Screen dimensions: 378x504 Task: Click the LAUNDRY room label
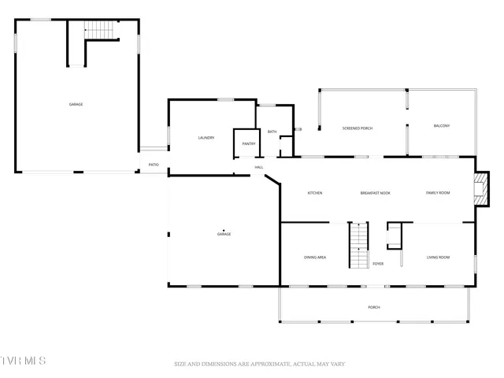tap(206, 138)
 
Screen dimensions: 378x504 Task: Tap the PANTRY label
tap(249, 143)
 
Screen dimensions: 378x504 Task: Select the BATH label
tap(272, 132)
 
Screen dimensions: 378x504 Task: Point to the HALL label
tap(258, 167)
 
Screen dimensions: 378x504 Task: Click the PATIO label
tap(154, 165)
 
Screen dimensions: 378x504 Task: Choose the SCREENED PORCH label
tap(357, 128)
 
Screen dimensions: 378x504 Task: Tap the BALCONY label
tap(442, 126)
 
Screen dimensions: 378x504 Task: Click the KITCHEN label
tap(315, 193)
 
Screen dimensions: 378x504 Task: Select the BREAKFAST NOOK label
tap(376, 193)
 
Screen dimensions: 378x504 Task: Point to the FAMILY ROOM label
tap(438, 193)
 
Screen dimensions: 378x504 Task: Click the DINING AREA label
tap(315, 258)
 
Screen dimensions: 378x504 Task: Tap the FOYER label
tap(378, 264)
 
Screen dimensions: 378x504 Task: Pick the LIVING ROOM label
tap(438, 258)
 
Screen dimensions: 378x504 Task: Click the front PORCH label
tap(374, 307)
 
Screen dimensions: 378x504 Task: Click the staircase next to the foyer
tap(359, 246)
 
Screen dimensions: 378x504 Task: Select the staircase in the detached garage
tap(100, 30)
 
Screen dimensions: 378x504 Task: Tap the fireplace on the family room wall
tap(480, 190)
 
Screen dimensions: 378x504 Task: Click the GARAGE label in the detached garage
tap(76, 104)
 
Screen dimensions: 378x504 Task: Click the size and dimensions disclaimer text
tap(260, 364)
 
